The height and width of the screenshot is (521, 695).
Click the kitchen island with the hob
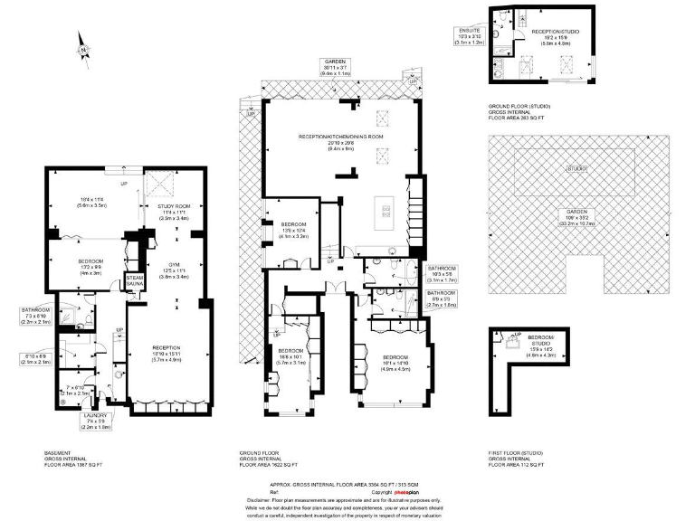[x=386, y=212]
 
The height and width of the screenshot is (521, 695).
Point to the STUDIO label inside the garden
[x=577, y=169]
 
